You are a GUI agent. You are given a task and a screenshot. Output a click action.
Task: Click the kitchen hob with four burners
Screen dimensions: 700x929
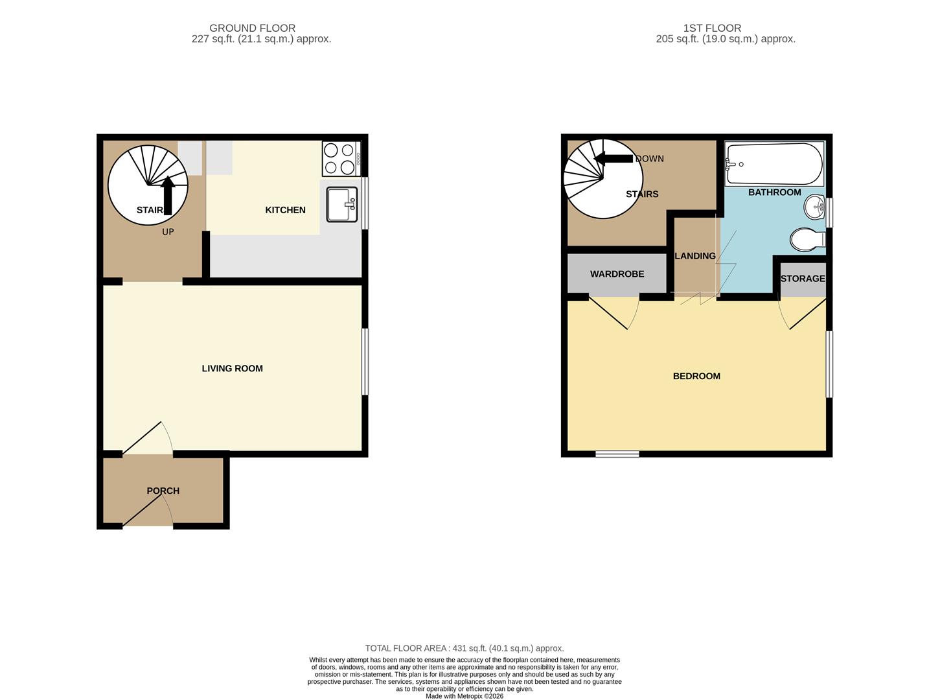(341, 159)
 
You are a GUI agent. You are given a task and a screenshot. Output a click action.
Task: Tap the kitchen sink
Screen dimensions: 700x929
(341, 204)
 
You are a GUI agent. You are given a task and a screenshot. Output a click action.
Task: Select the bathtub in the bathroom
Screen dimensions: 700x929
(774, 164)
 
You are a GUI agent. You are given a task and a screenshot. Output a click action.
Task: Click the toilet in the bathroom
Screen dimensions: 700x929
(807, 239)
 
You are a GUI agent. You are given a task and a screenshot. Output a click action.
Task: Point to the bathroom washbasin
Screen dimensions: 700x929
(814, 208)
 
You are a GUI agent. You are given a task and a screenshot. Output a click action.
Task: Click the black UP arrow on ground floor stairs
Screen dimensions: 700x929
(168, 194)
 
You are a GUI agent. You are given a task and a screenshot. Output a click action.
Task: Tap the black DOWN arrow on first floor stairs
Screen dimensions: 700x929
(613, 159)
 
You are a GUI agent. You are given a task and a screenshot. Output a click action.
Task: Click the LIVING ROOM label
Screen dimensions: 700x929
(232, 368)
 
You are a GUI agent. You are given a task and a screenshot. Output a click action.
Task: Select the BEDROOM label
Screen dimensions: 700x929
(696, 376)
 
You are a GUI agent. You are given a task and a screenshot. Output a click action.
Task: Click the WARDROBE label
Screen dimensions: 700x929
(617, 274)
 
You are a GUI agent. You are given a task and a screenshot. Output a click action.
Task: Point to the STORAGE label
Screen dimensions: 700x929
(803, 279)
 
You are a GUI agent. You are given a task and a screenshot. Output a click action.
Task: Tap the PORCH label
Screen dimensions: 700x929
(163, 491)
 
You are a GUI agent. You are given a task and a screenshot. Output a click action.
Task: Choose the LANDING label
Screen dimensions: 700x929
(695, 256)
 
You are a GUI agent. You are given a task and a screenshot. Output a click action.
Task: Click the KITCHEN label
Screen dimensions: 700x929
(285, 210)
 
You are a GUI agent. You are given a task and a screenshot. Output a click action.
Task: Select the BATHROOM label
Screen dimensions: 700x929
(774, 192)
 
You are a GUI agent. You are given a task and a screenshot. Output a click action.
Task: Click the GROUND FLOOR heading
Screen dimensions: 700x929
(252, 28)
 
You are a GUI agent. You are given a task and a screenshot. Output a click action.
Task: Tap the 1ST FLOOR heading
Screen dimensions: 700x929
(712, 28)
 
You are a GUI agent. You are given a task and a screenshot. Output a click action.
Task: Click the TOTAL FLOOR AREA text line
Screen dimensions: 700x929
(464, 648)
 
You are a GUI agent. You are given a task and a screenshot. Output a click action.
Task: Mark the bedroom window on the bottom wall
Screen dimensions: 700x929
(617, 454)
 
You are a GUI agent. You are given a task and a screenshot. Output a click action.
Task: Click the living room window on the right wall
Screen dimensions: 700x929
(365, 362)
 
